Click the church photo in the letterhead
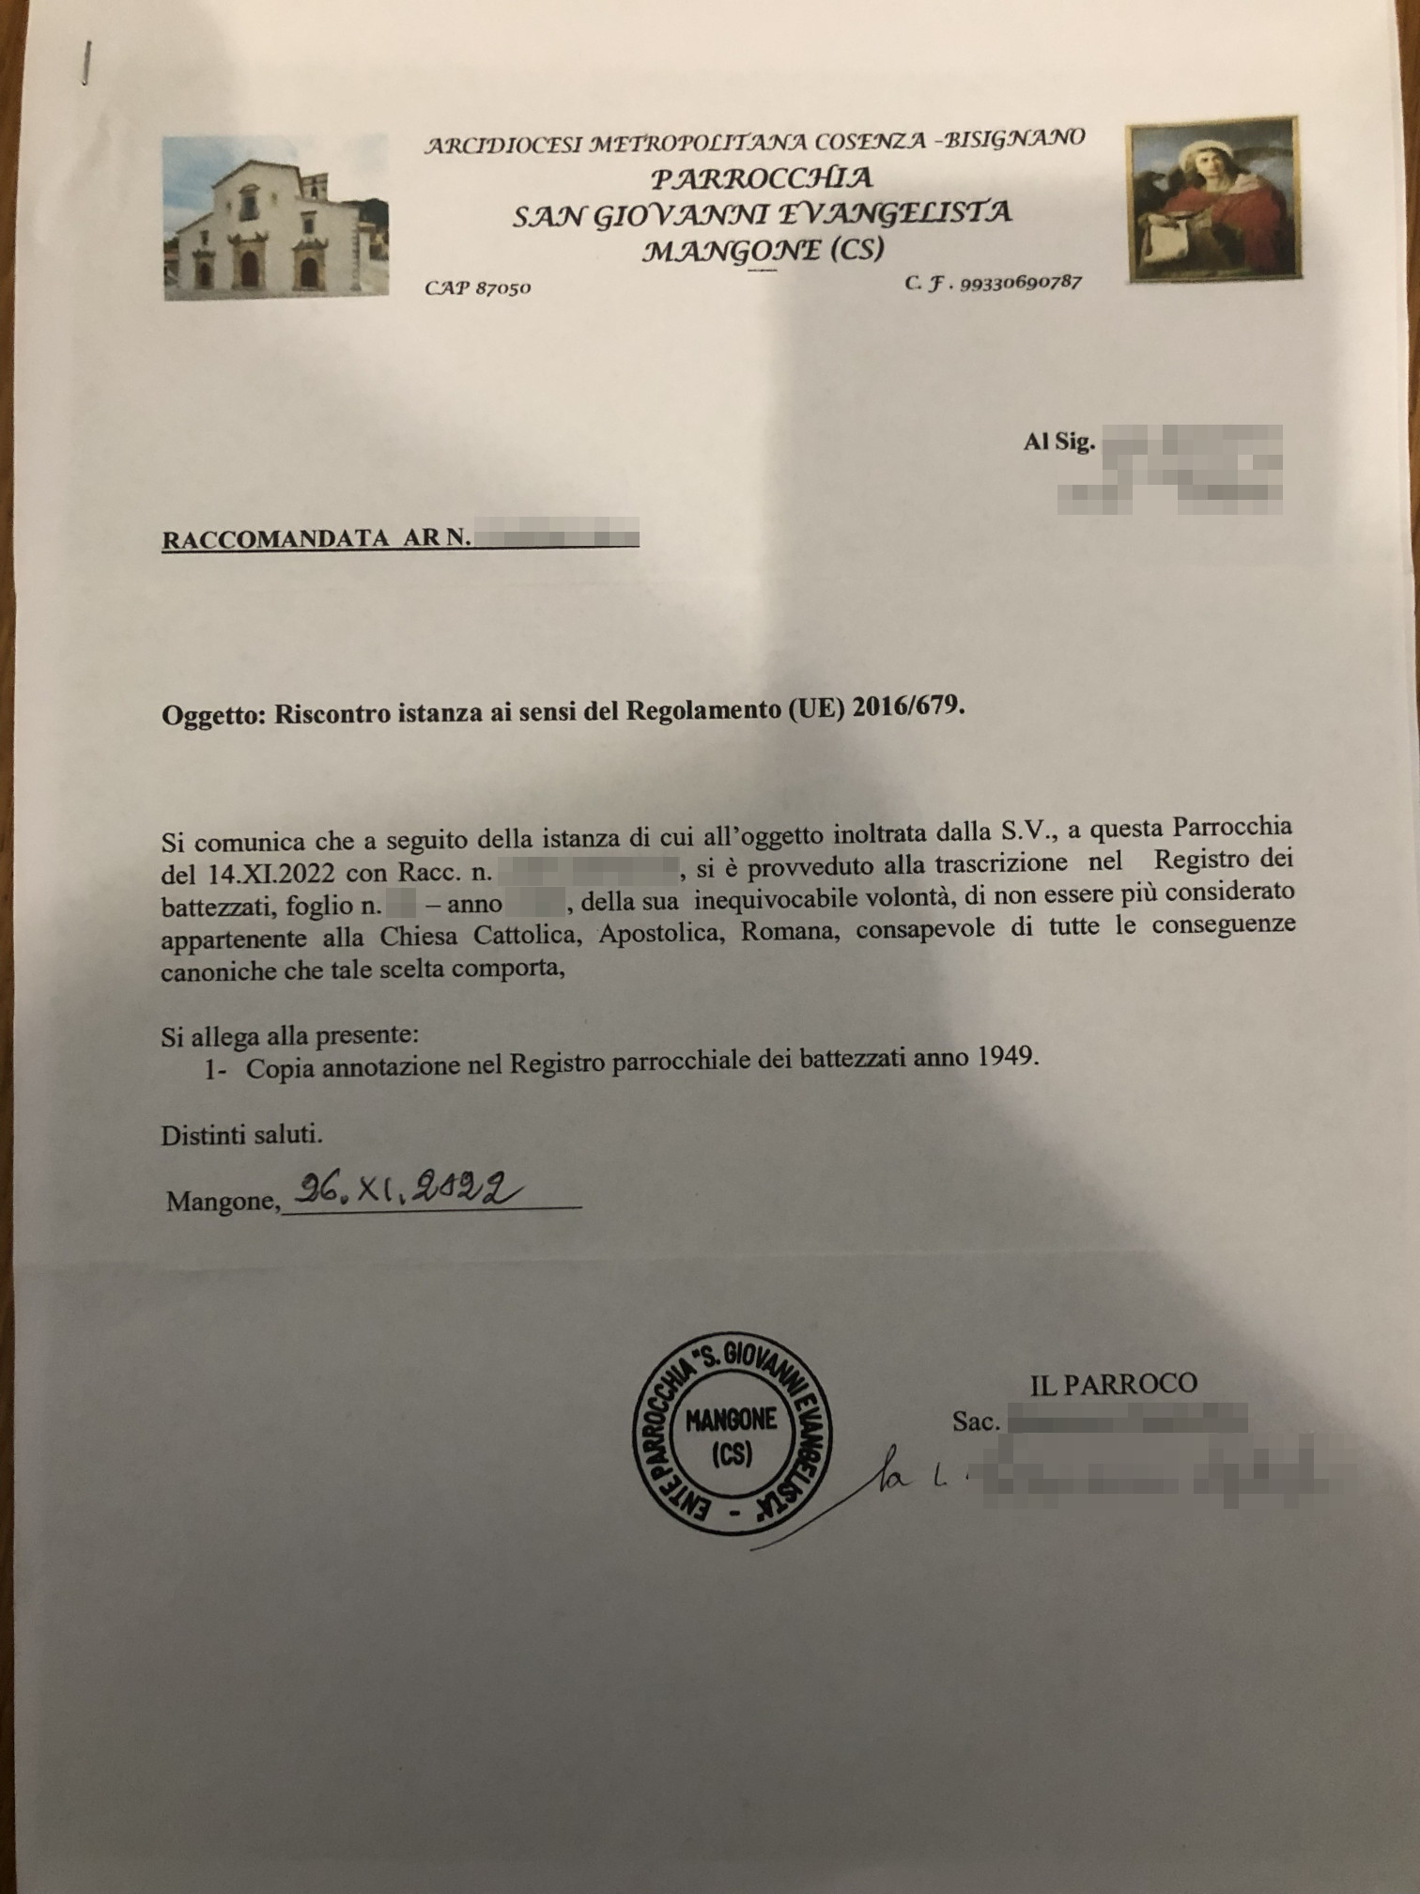[274, 217]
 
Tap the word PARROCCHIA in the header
[762, 178]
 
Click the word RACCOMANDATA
[275, 539]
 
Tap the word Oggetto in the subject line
[213, 715]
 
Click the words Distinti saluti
[241, 1135]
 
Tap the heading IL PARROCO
[1113, 1383]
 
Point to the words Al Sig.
[1058, 442]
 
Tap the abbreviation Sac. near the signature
[974, 1421]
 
